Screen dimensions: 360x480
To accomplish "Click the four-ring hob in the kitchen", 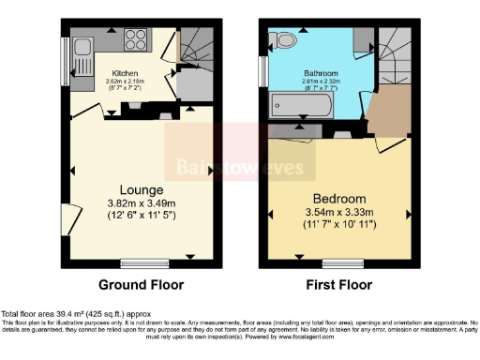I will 135,42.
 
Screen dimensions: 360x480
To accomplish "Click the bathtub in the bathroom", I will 301,104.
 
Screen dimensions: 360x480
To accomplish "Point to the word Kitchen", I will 125,73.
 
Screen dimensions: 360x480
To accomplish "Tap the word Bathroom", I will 321,72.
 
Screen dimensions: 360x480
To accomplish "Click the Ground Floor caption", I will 141,285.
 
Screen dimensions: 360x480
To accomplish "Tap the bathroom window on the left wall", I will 263,73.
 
